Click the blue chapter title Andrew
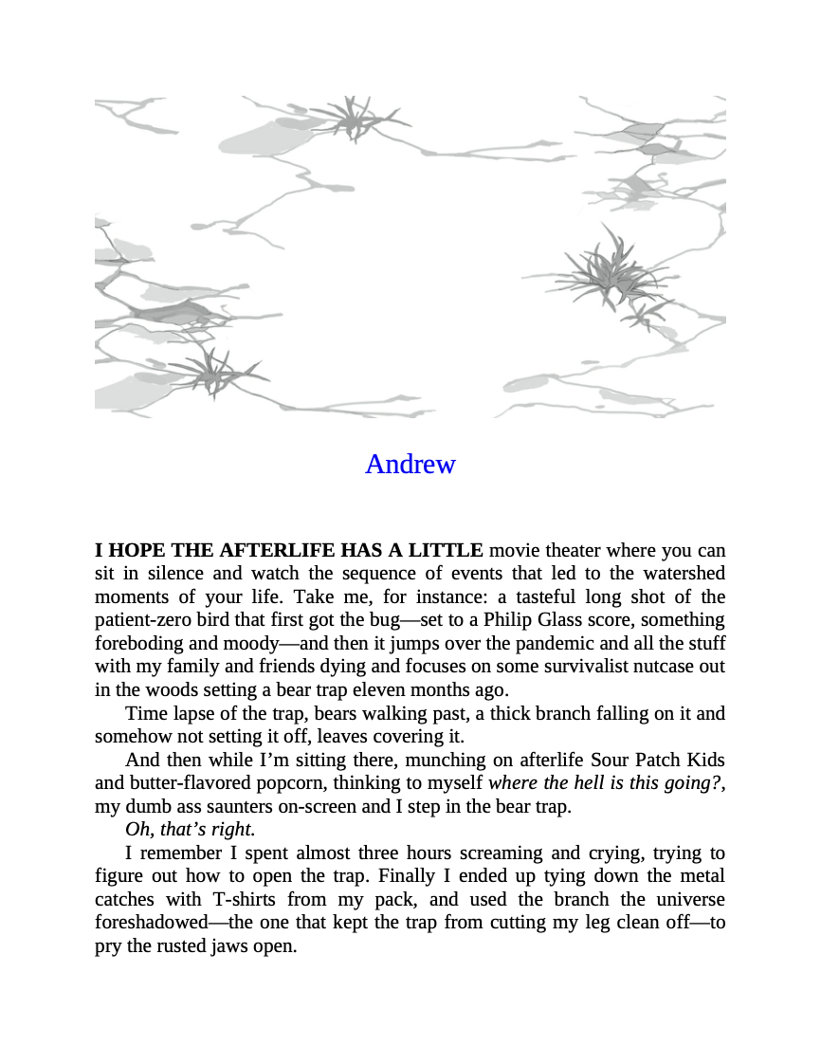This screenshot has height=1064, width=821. coord(410,464)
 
